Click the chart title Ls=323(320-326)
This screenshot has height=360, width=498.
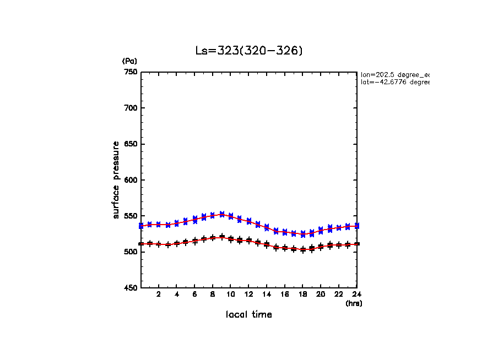click(249, 51)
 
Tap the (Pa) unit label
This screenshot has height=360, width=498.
click(129, 61)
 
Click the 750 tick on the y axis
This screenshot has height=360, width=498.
click(130, 72)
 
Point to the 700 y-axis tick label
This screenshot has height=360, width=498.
click(130, 108)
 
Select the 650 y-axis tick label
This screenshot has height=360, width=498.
click(130, 144)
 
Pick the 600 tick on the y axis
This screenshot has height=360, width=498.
click(130, 180)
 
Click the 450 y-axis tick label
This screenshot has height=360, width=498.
click(130, 288)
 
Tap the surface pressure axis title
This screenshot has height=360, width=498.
click(116, 179)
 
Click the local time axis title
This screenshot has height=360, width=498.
click(249, 315)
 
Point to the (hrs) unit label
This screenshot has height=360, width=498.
click(354, 303)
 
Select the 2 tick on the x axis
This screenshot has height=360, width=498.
click(159, 294)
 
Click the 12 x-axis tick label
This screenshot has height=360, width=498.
click(249, 294)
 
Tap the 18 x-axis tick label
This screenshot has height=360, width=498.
click(303, 294)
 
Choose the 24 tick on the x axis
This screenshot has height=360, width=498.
click(357, 294)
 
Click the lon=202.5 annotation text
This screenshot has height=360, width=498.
click(394, 74)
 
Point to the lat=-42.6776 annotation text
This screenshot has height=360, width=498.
click(394, 82)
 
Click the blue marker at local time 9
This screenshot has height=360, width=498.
click(222, 214)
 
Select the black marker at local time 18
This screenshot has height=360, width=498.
click(303, 249)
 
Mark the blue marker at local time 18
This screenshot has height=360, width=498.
click(303, 234)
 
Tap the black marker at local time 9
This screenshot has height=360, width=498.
click(222, 237)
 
